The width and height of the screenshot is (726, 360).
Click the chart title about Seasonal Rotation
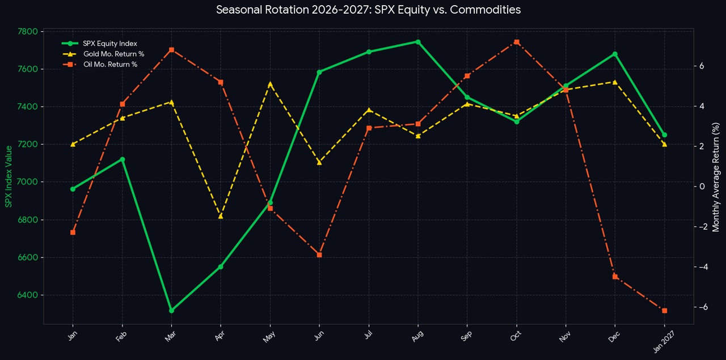(368, 10)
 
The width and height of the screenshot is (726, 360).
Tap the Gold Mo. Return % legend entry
(103, 54)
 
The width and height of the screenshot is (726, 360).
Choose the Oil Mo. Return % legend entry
(99, 64)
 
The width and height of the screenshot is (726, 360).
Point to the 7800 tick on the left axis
(28, 31)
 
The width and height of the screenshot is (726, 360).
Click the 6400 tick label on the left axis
(28, 295)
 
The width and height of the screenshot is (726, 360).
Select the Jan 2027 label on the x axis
(663, 341)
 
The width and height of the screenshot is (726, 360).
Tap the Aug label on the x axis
(417, 336)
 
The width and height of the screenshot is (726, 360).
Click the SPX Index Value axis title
(9, 176)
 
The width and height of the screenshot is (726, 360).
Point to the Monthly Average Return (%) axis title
(716, 177)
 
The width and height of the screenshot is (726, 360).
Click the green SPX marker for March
(171, 311)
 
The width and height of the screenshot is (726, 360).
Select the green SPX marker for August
(418, 42)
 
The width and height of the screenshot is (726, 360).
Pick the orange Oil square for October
(517, 42)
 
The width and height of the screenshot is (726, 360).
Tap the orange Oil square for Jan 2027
(664, 311)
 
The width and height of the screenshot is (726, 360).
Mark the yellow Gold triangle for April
(221, 216)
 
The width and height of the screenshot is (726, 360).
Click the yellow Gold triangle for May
(271, 84)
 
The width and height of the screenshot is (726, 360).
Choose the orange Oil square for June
(319, 255)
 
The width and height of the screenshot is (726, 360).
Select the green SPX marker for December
(615, 54)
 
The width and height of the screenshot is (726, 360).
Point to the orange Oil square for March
(171, 49)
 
